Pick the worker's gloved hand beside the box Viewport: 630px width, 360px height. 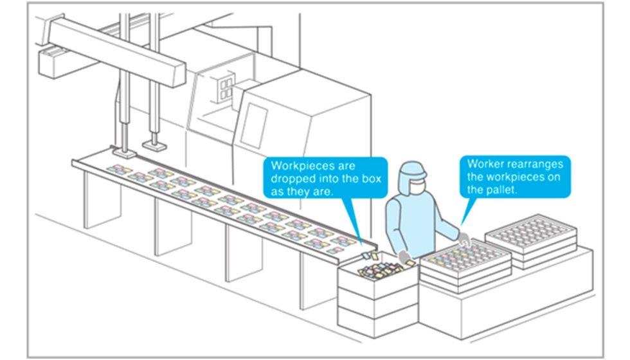404,257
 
